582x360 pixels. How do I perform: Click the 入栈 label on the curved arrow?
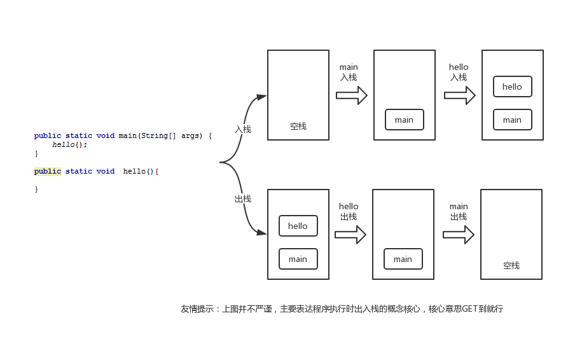coord(243,129)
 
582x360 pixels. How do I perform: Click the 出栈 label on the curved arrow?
coord(243,198)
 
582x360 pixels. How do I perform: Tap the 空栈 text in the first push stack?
coord(298,126)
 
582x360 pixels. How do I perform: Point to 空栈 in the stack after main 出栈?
coord(511,265)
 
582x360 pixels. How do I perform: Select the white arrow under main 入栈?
coord(352,95)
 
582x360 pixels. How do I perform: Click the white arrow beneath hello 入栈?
coord(460,95)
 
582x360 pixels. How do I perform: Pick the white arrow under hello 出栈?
coord(350,235)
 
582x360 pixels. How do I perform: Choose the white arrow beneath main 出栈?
coord(459,235)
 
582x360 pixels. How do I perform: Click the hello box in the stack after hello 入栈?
coord(512,87)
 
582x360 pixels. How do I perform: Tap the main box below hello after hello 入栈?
coord(512,120)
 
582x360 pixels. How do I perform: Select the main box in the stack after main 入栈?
coord(404,120)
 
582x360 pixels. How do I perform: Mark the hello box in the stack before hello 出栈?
coord(298,226)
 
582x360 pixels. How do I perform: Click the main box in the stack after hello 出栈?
coord(403,259)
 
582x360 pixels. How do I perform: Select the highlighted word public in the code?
coord(48,171)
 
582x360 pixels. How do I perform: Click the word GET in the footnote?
coord(468,309)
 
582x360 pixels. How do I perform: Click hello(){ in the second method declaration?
coord(141,171)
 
